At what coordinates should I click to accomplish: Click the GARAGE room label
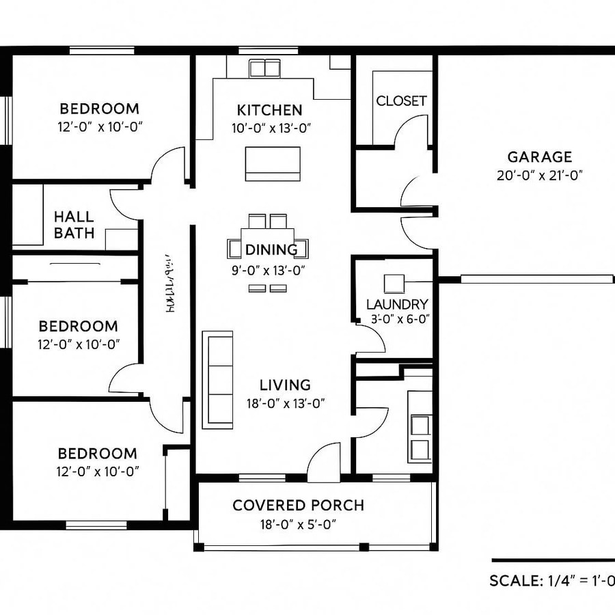pyautogui.click(x=539, y=157)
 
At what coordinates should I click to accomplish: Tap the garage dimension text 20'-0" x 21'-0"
pyautogui.click(x=539, y=175)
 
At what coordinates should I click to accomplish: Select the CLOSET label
pyautogui.click(x=401, y=100)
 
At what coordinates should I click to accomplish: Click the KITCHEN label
pyautogui.click(x=269, y=110)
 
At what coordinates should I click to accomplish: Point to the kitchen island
pyautogui.click(x=273, y=163)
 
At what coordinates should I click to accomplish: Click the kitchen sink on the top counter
pyautogui.click(x=265, y=68)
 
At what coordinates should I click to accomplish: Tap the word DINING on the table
pyautogui.click(x=271, y=249)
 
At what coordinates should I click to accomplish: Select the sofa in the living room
pyautogui.click(x=217, y=379)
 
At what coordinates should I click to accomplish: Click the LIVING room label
pyautogui.click(x=285, y=385)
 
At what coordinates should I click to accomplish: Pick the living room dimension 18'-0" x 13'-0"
pyautogui.click(x=285, y=403)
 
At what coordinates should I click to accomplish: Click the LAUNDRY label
pyautogui.click(x=397, y=304)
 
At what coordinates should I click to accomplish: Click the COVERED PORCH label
pyautogui.click(x=298, y=506)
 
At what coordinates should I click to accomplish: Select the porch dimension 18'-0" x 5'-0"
pyautogui.click(x=298, y=524)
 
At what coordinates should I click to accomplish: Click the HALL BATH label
pyautogui.click(x=74, y=225)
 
